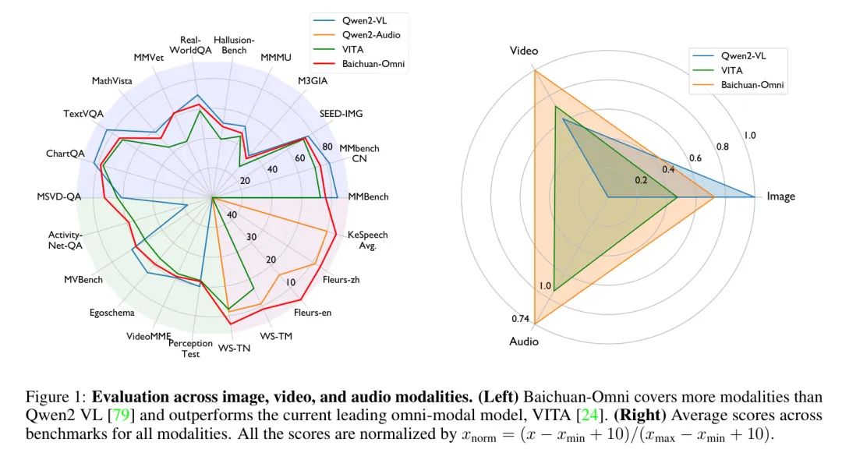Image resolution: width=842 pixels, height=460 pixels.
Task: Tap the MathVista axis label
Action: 111,81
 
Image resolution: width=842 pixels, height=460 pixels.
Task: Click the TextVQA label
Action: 83,114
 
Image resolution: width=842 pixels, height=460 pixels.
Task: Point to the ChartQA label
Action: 65,154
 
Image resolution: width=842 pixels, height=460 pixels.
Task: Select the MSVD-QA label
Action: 59,197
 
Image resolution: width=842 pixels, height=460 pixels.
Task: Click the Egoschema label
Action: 111,313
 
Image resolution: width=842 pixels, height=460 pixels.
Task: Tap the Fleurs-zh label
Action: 341,280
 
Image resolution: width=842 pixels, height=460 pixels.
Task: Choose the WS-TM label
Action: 276,337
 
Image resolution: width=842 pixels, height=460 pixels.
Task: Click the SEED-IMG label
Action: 341,114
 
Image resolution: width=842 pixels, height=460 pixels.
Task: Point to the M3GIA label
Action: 313,81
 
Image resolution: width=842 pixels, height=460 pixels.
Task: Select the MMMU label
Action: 276,58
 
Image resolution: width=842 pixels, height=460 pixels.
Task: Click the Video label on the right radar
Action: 524,51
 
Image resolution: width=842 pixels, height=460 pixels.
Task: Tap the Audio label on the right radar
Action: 524,341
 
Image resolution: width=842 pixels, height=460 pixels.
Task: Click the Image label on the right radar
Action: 780,196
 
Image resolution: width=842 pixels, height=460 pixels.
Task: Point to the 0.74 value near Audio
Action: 520,319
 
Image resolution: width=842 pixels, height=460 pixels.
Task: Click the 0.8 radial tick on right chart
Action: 722,147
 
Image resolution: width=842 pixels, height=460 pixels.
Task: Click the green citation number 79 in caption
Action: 122,416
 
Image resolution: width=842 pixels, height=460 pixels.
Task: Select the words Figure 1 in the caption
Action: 56,397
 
